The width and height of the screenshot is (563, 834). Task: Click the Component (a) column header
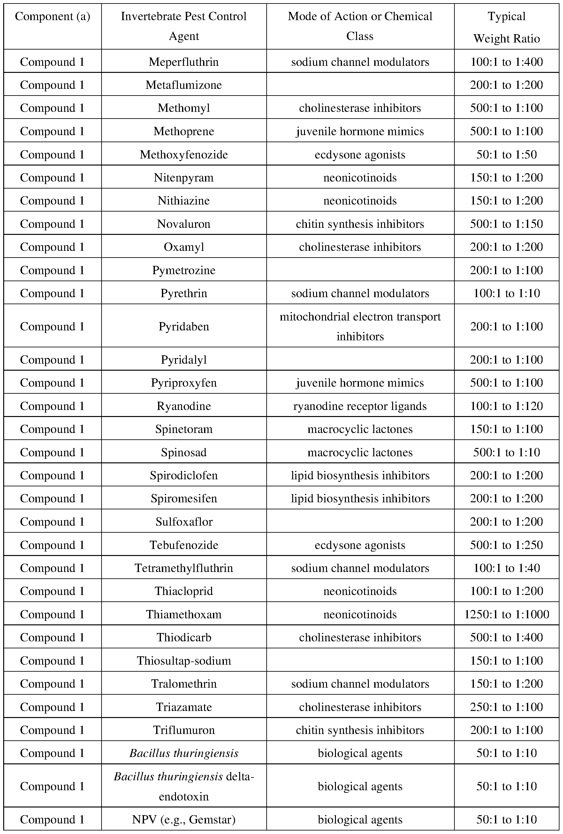pos(52,17)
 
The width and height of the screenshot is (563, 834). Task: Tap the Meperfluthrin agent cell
pos(184,62)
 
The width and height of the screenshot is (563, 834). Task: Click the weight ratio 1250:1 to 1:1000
pos(506,614)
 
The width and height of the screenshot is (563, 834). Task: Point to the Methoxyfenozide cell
pos(184,154)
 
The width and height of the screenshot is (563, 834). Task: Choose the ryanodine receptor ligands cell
pos(360,406)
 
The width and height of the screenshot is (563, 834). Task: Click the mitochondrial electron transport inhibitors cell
pos(360,326)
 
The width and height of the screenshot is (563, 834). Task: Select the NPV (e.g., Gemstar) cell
pos(184,819)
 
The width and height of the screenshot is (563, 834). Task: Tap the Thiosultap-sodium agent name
pos(184,660)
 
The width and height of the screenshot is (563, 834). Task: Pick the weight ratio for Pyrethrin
pos(506,293)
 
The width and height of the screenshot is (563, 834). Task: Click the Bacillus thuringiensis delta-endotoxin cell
pos(184,786)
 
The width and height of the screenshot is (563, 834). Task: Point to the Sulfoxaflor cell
pos(184,521)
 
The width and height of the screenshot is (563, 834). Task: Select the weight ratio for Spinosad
pos(506,452)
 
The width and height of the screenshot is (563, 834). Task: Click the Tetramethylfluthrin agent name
pos(184,568)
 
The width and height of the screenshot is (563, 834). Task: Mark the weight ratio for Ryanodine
pos(506,406)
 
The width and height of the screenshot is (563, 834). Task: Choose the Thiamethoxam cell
pos(184,614)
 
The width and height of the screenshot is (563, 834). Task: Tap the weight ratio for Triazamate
pos(506,707)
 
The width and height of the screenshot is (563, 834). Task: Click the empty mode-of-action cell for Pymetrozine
pos(360,270)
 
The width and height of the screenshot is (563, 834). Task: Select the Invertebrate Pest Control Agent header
pos(184,26)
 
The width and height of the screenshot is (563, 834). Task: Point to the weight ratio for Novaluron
pos(506,224)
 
